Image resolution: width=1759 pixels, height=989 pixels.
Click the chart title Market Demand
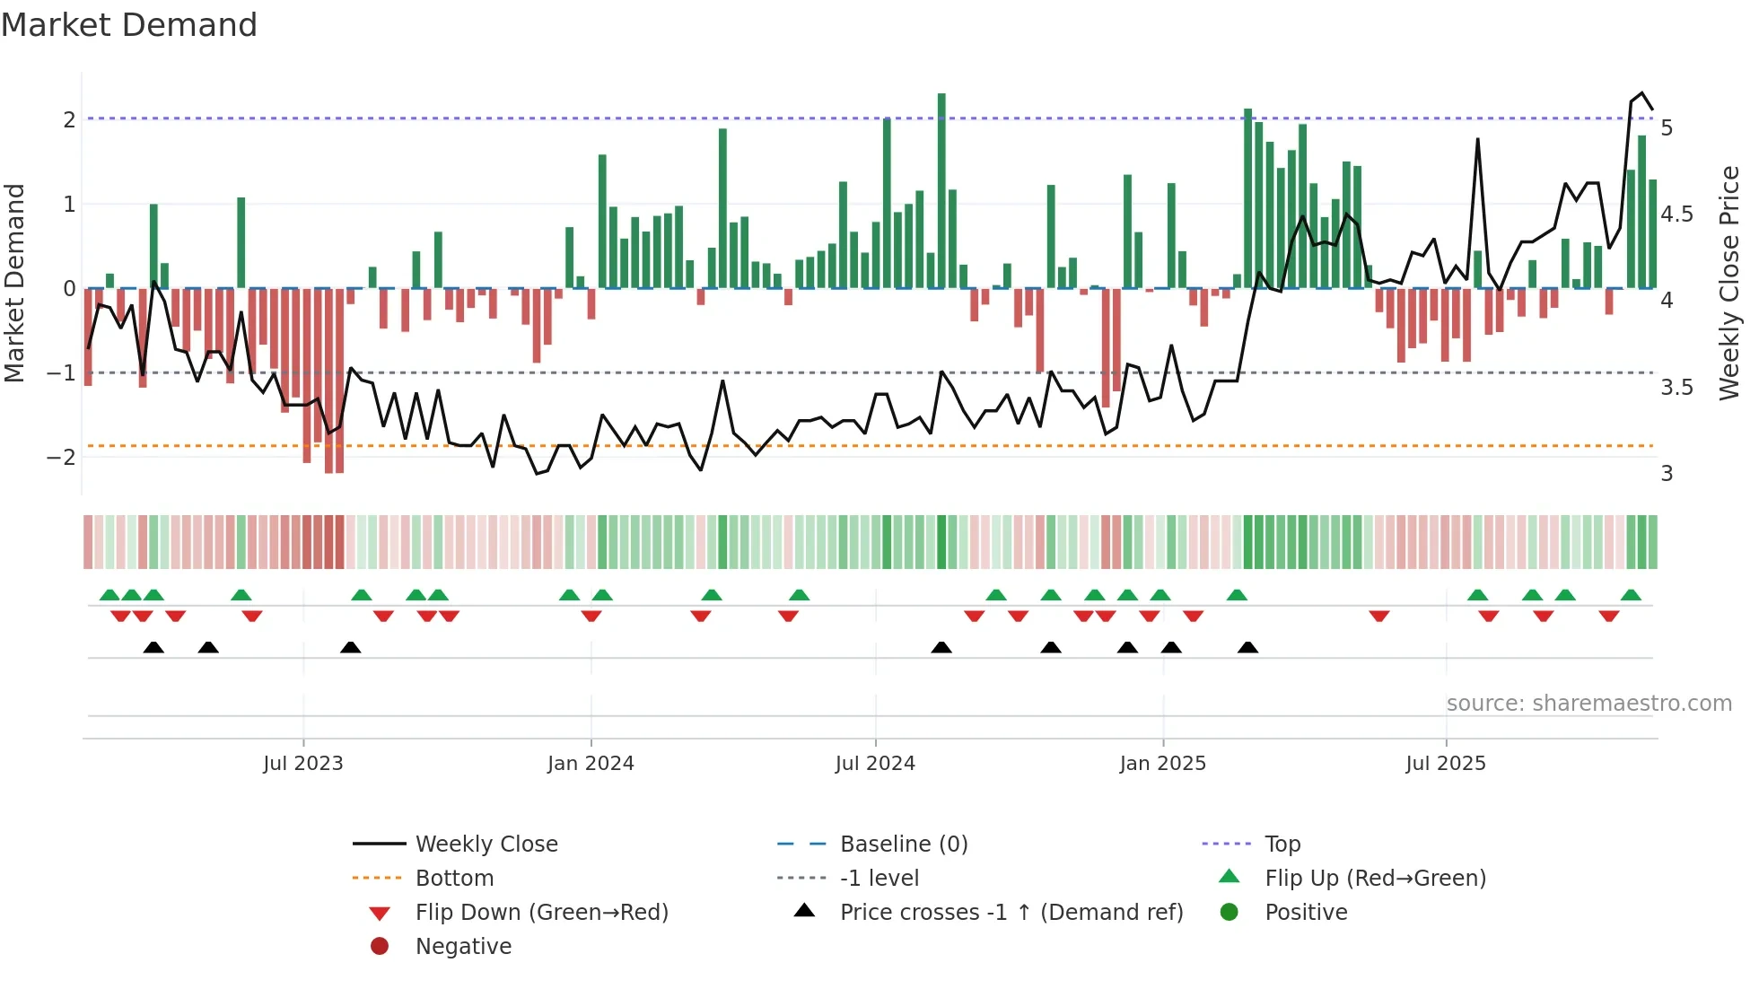[x=129, y=25]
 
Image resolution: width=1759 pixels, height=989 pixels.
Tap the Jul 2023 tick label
[x=303, y=764]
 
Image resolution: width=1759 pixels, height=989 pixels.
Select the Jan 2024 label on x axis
[x=591, y=764]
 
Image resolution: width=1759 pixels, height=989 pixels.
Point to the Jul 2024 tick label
[x=875, y=764]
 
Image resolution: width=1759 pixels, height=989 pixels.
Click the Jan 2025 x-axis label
[x=1163, y=764]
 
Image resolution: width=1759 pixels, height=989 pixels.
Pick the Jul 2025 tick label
[x=1446, y=764]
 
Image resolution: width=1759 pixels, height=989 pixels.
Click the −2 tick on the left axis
[x=61, y=457]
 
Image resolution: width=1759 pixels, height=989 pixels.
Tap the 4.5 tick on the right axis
[x=1676, y=214]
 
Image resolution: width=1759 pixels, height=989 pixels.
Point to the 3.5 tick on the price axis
[x=1676, y=388]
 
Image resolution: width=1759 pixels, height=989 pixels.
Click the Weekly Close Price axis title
[x=1729, y=283]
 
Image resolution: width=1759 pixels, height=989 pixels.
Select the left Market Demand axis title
[x=14, y=283]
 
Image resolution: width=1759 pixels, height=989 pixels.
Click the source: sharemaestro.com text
[x=1588, y=704]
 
